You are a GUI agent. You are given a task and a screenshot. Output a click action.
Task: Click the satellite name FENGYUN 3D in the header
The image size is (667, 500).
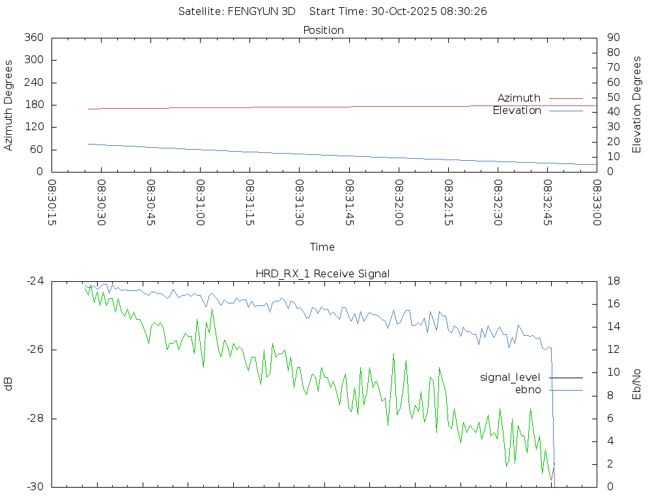261,11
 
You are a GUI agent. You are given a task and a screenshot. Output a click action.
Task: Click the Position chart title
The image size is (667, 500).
324,30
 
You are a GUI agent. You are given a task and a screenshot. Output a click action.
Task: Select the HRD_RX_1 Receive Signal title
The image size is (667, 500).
323,273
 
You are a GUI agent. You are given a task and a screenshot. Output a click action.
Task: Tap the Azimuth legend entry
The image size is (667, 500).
519,98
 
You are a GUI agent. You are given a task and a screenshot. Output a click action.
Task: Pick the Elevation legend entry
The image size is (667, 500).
517,111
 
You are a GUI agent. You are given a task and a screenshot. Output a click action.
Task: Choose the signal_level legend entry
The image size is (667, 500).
510,377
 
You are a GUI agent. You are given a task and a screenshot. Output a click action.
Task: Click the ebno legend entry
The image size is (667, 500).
528,389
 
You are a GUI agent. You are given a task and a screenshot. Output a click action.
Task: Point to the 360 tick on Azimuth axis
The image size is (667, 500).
33,38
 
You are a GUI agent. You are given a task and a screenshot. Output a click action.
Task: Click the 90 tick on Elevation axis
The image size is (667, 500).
612,38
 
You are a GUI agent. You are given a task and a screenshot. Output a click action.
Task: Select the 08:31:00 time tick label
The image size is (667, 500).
201,203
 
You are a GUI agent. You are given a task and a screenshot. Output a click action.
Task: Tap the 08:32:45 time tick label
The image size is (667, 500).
548,203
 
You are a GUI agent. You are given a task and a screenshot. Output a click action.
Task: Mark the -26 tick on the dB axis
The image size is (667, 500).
35,350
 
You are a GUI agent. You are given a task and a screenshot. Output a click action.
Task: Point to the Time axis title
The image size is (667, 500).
322,247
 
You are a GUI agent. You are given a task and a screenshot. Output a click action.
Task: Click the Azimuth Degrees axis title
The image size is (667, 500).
9,105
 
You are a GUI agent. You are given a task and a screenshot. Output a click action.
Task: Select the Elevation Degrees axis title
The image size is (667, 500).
637,105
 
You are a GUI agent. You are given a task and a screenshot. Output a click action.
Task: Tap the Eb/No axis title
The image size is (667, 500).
637,383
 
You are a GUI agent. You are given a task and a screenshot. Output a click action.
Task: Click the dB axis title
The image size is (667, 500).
9,383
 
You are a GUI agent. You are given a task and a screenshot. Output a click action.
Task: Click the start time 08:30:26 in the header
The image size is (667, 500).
465,11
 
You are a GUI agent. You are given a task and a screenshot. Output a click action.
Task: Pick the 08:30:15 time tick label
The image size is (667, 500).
51,203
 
